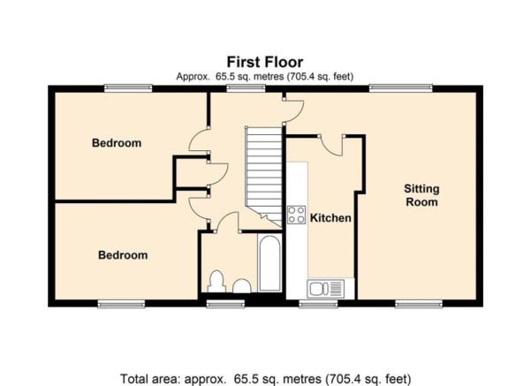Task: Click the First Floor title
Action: point(265,63)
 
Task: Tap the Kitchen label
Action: point(330,218)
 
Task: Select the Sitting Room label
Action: point(421,195)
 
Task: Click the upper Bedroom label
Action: point(117,143)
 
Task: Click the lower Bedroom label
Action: point(123,255)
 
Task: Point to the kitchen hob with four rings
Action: point(296,215)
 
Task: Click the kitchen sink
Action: point(325,289)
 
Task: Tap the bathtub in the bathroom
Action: point(269,262)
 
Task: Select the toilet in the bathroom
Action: point(216,282)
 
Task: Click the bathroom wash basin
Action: point(242,286)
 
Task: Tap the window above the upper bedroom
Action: point(128,88)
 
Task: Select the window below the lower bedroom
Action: point(121,304)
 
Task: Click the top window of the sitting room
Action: point(401,88)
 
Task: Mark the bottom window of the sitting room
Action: point(419,304)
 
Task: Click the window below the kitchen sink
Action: point(318,304)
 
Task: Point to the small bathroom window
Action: point(225,304)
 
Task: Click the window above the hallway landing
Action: point(246,88)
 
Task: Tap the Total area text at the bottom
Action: point(265,379)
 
